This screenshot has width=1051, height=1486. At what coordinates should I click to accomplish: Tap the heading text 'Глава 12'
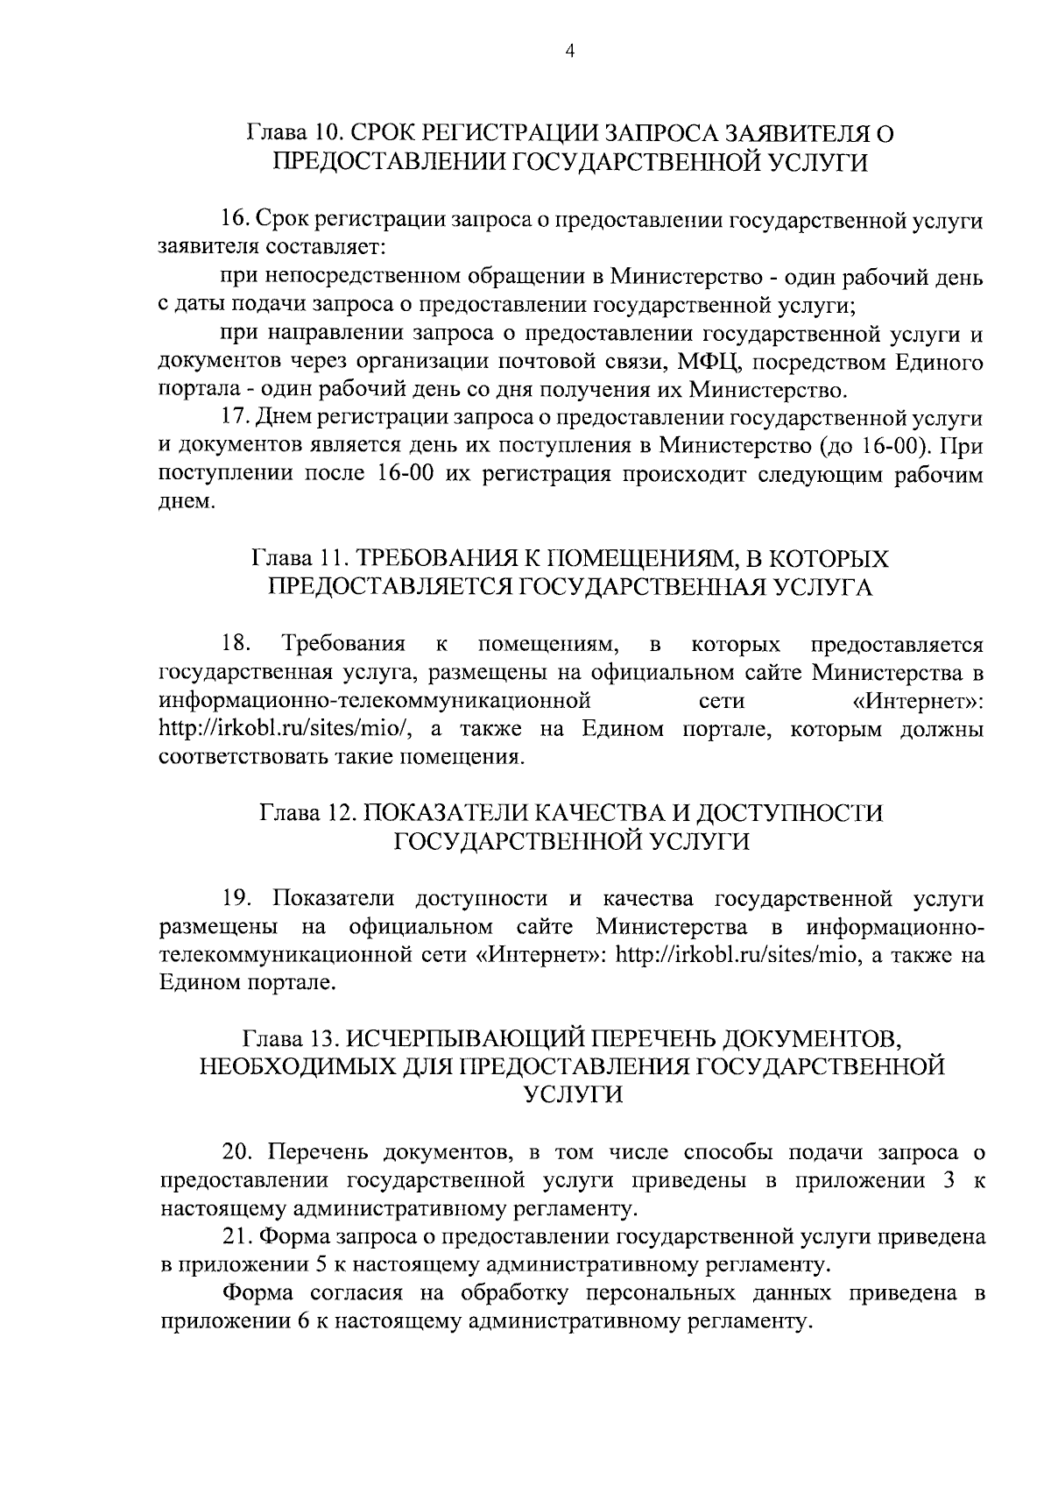(307, 813)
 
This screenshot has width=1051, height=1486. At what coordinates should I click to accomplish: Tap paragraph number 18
(236, 645)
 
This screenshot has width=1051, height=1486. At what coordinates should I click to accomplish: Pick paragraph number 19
(238, 899)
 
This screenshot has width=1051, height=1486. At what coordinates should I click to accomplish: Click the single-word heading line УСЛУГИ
(572, 1095)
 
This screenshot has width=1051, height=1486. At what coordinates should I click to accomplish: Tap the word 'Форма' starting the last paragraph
(257, 1293)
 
